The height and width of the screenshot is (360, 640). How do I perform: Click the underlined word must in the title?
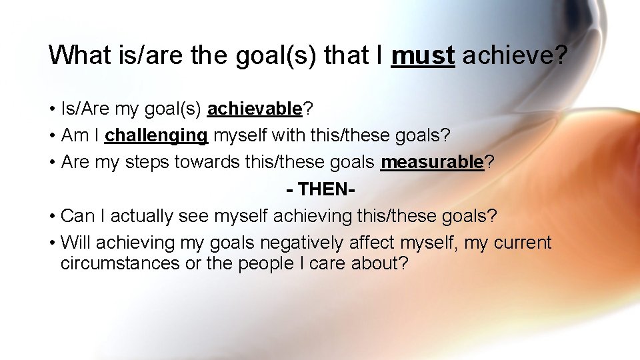tap(423, 55)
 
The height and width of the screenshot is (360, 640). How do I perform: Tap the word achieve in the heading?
tap(506, 55)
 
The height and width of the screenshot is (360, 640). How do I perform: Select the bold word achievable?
tap(255, 109)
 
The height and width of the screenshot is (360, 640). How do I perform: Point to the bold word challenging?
tap(157, 135)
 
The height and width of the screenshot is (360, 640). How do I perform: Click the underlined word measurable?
tap(432, 162)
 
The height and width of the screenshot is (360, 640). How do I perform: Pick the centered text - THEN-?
tap(320, 189)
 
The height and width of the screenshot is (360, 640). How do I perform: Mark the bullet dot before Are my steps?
tap(51, 163)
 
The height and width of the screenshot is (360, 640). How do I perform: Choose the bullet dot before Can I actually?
tap(51, 217)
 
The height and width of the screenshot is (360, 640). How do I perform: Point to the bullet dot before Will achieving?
tap(51, 243)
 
